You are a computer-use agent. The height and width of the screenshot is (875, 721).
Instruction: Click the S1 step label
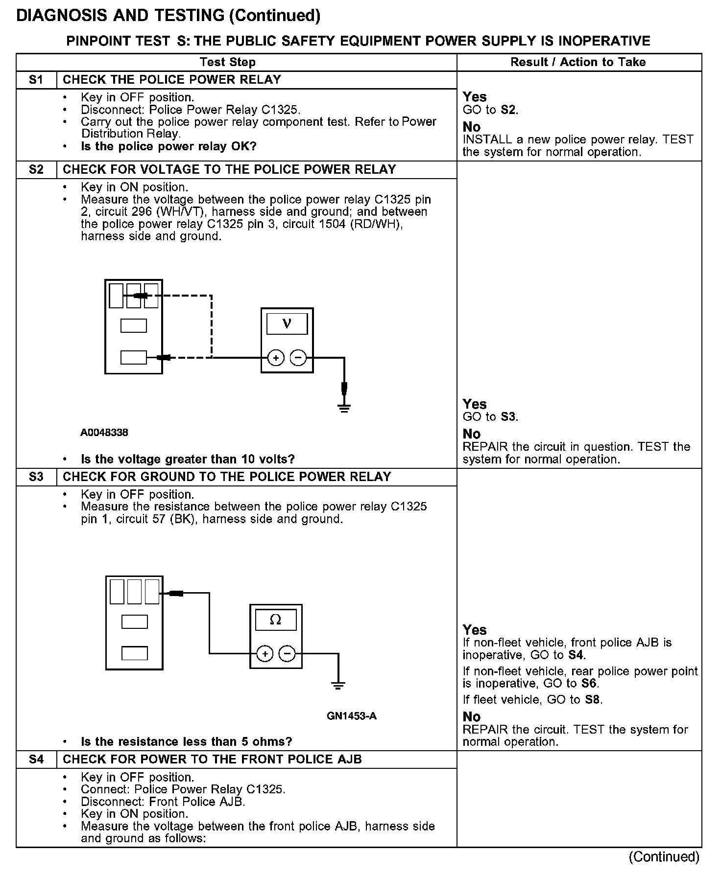click(36, 80)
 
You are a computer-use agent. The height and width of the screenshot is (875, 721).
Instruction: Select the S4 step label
click(36, 759)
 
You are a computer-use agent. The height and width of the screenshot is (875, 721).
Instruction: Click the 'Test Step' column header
click(228, 62)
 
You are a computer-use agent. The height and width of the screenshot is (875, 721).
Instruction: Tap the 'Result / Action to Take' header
click(578, 62)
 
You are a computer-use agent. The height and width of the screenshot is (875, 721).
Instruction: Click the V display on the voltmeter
click(287, 323)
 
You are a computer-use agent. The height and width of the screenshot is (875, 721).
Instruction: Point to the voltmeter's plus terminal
click(276, 358)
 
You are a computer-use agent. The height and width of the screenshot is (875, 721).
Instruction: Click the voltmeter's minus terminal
click(298, 358)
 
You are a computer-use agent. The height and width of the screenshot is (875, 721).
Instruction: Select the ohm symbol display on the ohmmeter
click(276, 620)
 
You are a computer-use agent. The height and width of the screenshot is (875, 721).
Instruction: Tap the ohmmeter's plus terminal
click(265, 653)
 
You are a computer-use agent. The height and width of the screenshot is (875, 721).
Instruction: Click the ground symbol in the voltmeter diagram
click(344, 407)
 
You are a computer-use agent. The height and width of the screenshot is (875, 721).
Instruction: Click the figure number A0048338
click(104, 433)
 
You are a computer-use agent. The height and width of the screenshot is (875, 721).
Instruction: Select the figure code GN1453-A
click(352, 716)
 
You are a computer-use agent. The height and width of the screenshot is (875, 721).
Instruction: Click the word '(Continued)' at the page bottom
click(664, 856)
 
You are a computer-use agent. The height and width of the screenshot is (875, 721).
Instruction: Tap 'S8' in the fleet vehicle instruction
click(592, 699)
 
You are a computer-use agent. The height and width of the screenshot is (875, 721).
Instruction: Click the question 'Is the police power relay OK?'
click(168, 146)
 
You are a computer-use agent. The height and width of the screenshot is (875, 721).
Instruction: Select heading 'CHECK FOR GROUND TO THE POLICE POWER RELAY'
click(227, 477)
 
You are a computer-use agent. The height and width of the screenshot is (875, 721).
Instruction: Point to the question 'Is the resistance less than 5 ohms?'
click(186, 741)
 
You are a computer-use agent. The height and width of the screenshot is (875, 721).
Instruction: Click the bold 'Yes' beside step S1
click(475, 97)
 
